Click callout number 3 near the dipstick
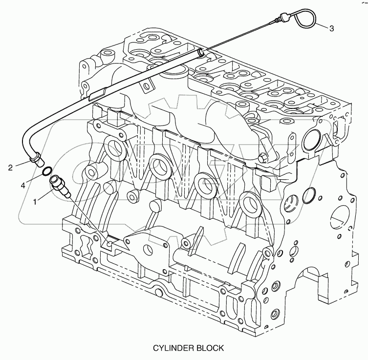coord(331,28)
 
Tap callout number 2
coord(10,168)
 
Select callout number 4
coord(23,186)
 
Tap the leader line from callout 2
coord(22,164)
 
